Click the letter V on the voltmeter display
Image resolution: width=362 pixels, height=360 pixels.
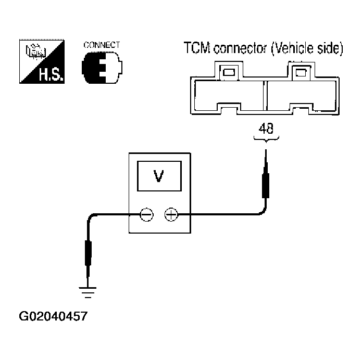(159, 176)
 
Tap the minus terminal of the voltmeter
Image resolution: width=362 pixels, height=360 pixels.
(146, 215)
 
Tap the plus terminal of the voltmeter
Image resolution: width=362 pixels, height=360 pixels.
(171, 215)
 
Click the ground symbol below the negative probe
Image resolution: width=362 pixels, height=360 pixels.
(88, 292)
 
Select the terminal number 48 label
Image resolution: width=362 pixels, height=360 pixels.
(266, 128)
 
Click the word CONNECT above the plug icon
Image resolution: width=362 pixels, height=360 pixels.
(102, 45)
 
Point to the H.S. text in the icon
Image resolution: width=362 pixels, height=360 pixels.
(51, 74)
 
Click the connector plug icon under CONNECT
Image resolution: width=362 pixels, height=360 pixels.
(102, 68)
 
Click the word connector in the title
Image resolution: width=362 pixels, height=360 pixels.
(240, 49)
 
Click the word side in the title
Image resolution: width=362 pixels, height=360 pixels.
(330, 48)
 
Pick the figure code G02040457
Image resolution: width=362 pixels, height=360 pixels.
(53, 316)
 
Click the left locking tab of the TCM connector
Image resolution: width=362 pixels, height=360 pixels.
(229, 71)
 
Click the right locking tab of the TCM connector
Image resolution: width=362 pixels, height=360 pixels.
(301, 71)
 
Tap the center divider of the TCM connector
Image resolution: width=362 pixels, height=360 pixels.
(265, 96)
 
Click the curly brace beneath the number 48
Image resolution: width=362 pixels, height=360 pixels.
(266, 139)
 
